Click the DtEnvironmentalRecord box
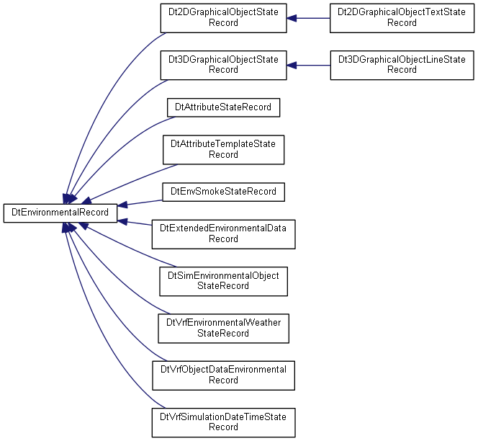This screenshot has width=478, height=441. tap(60, 213)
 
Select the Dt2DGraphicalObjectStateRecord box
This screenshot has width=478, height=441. tap(223, 18)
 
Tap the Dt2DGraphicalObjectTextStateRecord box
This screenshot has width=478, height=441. tap(402, 18)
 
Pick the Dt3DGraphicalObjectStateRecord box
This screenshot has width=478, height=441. tap(223, 66)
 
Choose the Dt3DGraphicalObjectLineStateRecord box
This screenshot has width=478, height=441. tap(402, 66)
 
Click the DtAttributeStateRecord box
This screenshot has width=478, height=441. tap(223, 107)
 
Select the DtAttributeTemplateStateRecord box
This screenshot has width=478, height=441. tap(223, 150)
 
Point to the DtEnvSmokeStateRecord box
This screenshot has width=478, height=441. tap(223, 192)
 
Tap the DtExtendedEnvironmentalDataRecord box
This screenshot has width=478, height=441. tap(223, 234)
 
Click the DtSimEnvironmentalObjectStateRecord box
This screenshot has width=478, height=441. tap(223, 281)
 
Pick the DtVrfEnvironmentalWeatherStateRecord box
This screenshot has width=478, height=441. tap(223, 329)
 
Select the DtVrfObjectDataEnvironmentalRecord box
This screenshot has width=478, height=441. tap(223, 375)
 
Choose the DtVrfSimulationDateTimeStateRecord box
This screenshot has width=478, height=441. tap(223, 423)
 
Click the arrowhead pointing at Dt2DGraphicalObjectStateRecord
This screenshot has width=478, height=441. tap(292, 18)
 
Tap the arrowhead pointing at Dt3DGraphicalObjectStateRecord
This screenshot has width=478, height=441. tap(292, 66)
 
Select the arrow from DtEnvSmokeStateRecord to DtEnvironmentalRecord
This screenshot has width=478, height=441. tap(140, 203)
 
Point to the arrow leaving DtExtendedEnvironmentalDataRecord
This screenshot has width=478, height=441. tap(135, 223)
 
